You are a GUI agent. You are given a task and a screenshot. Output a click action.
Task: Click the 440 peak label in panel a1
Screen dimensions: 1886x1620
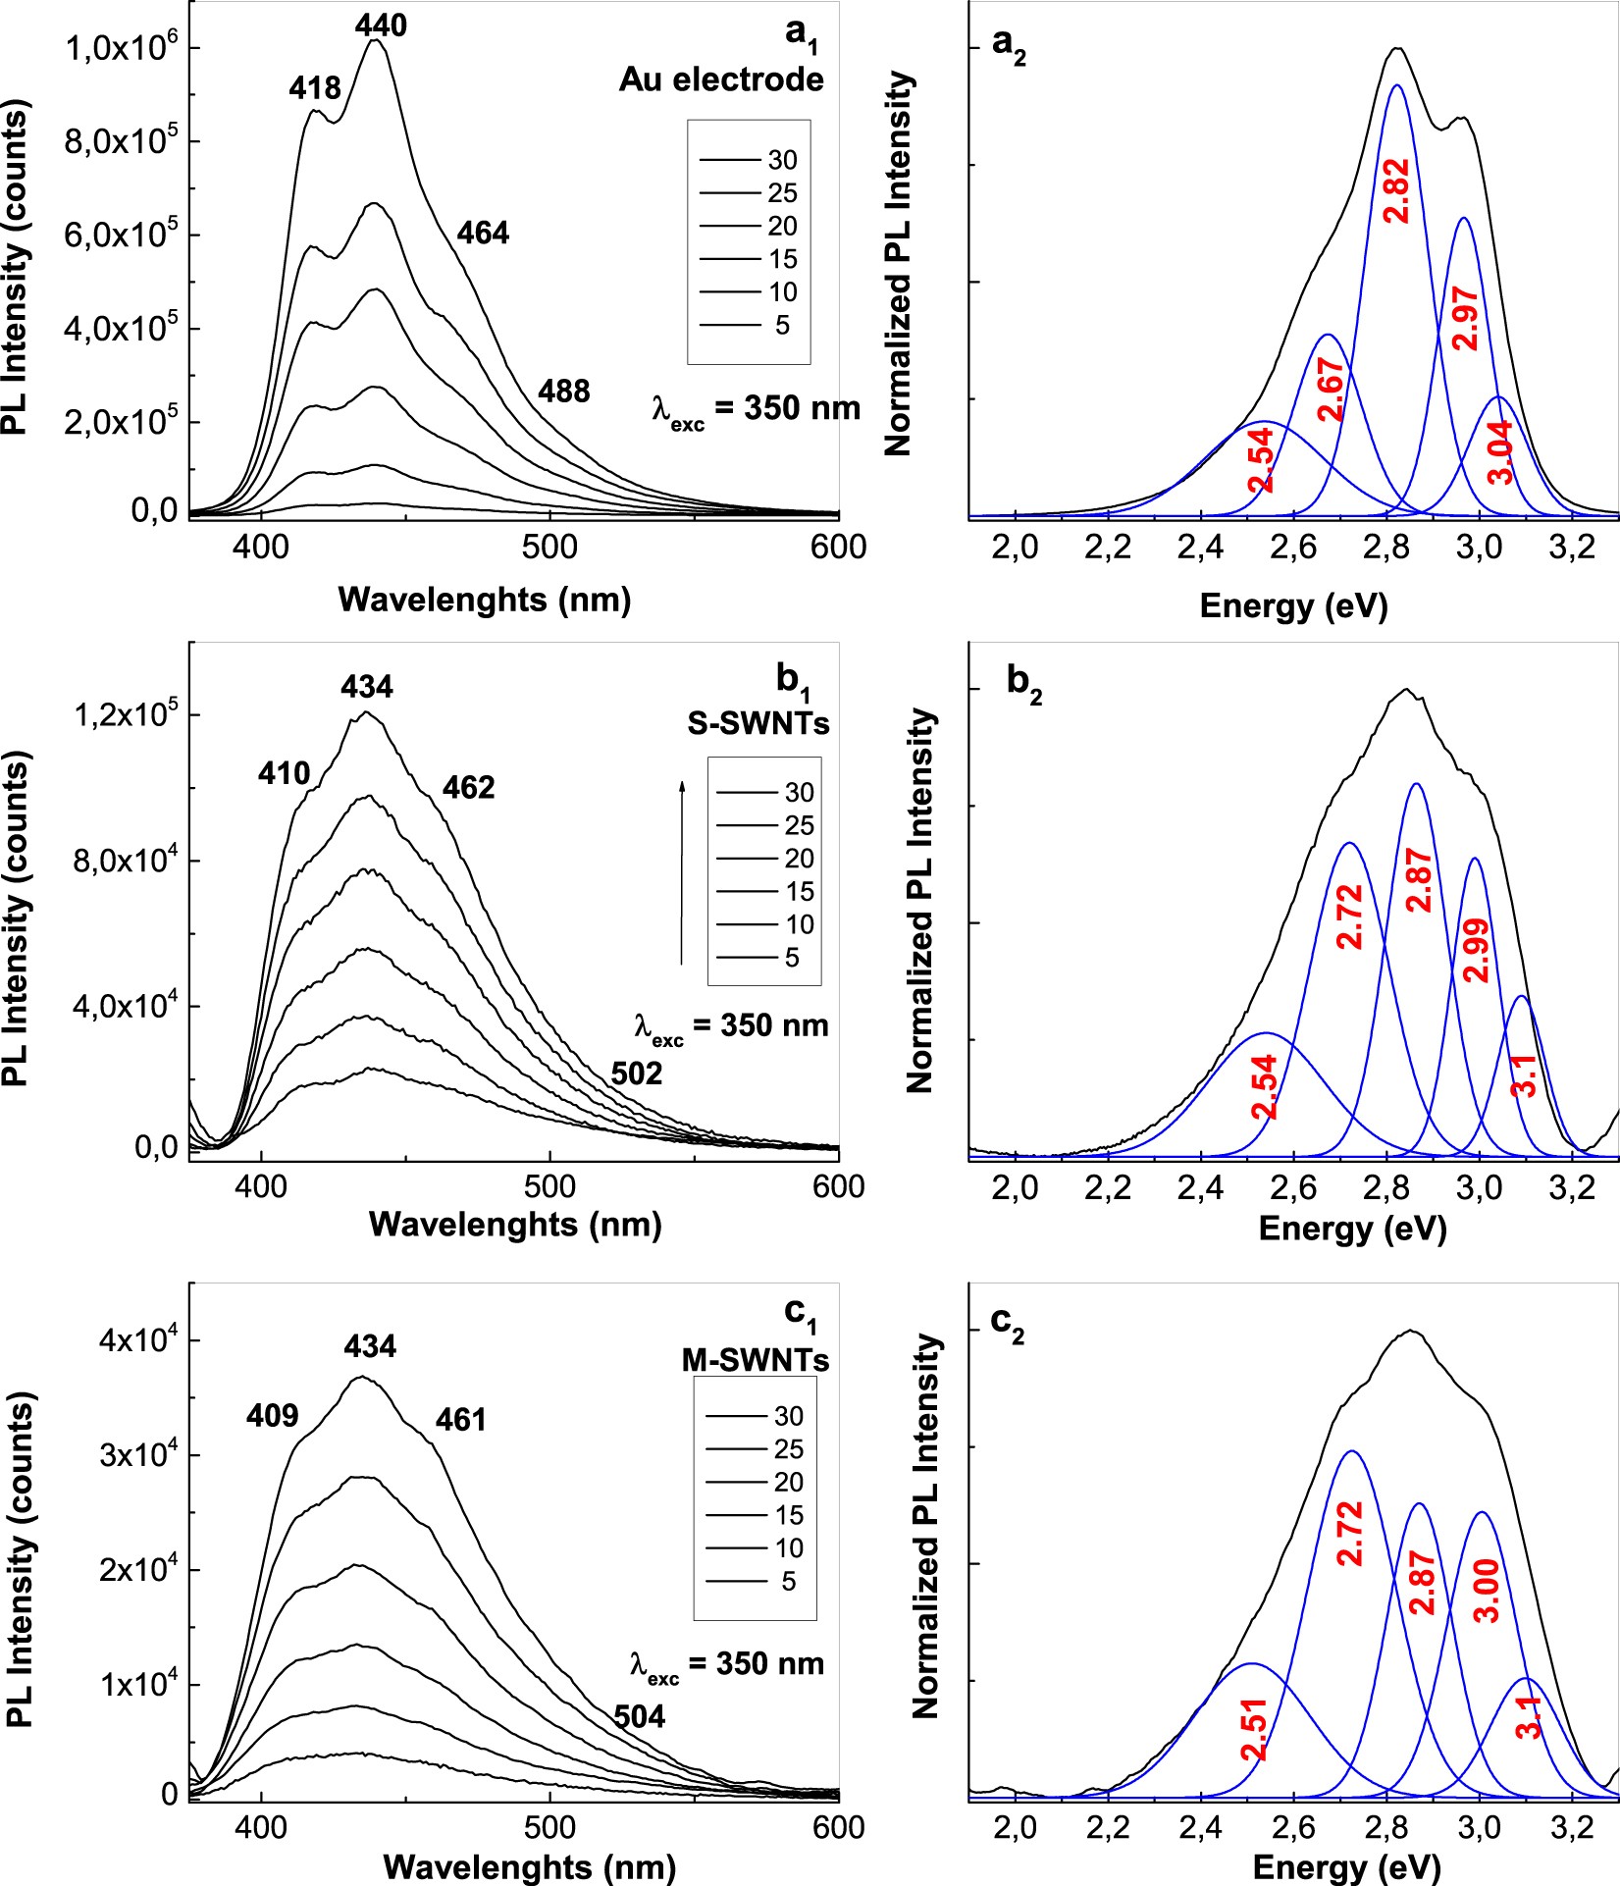(381, 25)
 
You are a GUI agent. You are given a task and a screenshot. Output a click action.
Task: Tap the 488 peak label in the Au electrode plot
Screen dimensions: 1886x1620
(563, 392)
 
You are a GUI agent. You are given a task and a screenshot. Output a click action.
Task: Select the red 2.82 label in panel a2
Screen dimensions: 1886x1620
(1395, 191)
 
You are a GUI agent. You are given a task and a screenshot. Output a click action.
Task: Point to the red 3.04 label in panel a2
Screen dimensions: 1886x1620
(1501, 451)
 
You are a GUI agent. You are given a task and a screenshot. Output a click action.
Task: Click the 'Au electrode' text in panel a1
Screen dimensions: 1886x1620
(721, 79)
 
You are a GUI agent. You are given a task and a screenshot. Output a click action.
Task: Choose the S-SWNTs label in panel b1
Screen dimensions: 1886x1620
(758, 723)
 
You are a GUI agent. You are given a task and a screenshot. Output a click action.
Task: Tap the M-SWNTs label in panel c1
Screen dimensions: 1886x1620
(756, 1360)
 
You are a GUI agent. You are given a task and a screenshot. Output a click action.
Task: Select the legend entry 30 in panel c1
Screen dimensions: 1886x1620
(756, 1416)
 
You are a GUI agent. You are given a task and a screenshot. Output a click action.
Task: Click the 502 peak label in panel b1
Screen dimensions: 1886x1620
(636, 1074)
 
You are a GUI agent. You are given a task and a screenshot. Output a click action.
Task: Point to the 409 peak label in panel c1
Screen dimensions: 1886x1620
(272, 1415)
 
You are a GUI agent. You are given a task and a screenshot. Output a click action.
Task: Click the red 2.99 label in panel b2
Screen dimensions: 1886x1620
(1475, 950)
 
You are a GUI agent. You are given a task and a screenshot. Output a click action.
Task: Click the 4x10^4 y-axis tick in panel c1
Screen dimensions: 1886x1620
(134, 1340)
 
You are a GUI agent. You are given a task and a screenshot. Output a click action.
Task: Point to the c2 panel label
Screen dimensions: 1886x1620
(1007, 1324)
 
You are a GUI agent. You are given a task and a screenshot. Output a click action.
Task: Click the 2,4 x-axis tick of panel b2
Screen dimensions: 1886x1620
(1201, 1187)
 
